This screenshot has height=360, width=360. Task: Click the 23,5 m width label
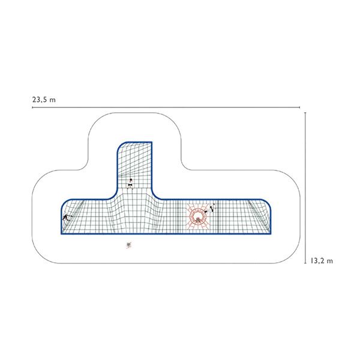pyautogui.click(x=44, y=100)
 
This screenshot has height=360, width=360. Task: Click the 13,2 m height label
pyautogui.click(x=322, y=261)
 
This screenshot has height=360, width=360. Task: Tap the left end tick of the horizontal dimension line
pyautogui.click(x=32, y=107)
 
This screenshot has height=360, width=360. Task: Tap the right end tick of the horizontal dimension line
pyautogui.click(x=299, y=107)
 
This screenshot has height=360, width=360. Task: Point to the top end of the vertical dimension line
pyautogui.click(x=305, y=113)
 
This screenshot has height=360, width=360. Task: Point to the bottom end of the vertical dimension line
pyautogui.click(x=305, y=263)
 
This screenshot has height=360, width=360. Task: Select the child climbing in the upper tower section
pyautogui.click(x=130, y=184)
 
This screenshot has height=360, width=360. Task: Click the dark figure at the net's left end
pyautogui.click(x=67, y=217)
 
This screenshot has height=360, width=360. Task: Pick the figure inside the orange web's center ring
pyautogui.click(x=197, y=220)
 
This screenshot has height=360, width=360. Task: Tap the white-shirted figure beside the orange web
pyautogui.click(x=210, y=208)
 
